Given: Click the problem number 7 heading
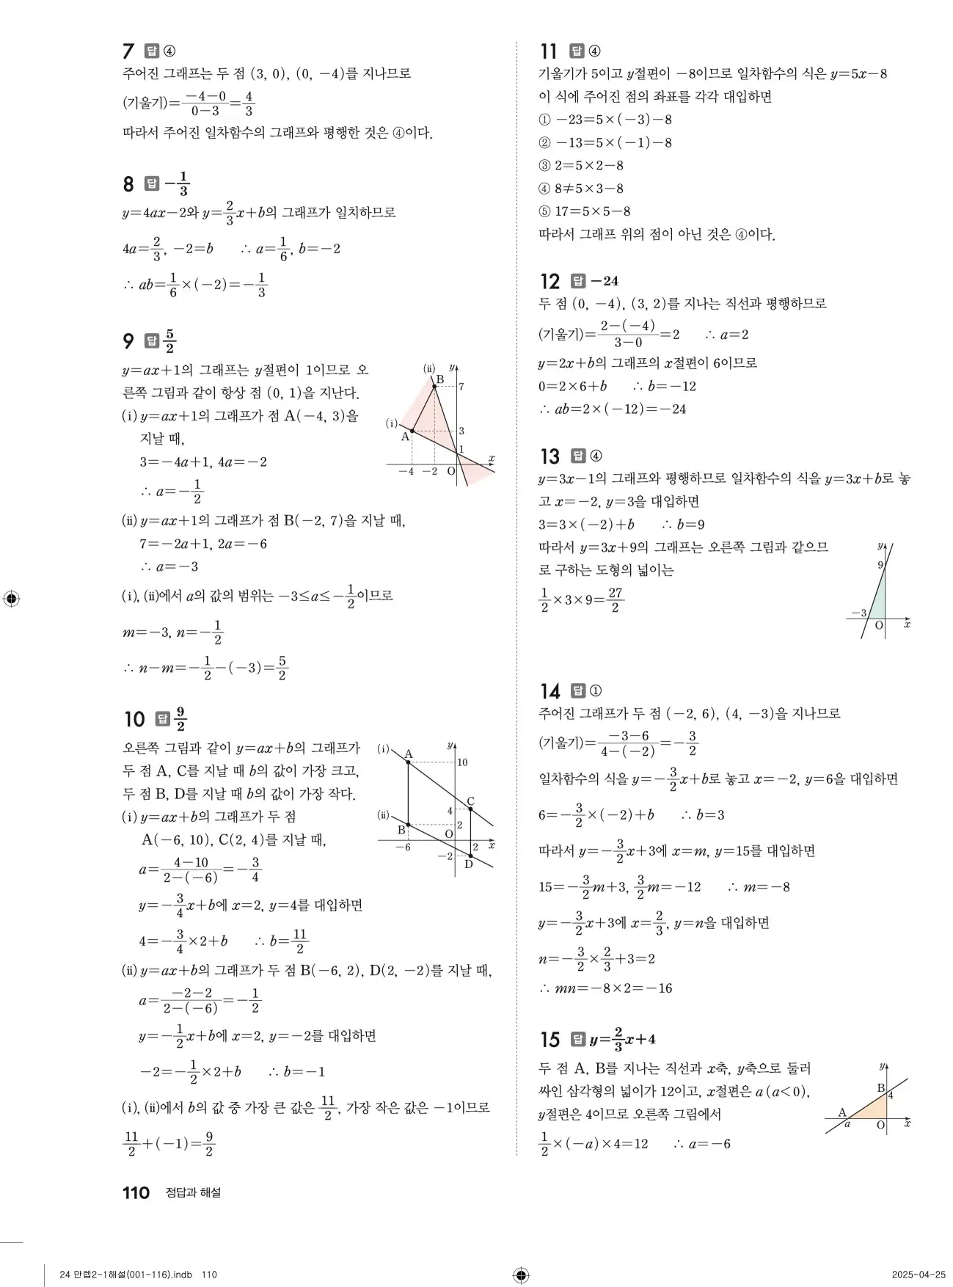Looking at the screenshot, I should pyautogui.click(x=128, y=51).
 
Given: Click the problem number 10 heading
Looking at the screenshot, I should pyautogui.click(x=134, y=719).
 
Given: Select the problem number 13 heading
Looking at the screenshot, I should pyautogui.click(x=549, y=456).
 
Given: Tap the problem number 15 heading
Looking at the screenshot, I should pyautogui.click(x=549, y=1040).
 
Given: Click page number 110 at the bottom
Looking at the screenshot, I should pyautogui.click(x=136, y=1192).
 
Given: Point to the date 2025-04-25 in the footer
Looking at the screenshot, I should pyautogui.click(x=919, y=1275).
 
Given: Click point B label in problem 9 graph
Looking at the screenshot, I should pyautogui.click(x=440, y=379).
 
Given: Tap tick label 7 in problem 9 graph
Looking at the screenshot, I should pyautogui.click(x=461, y=386).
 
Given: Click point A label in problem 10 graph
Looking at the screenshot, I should pyautogui.click(x=409, y=754).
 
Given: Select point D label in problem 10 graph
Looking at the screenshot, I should pyautogui.click(x=468, y=864).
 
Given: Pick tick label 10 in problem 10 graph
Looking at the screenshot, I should pyautogui.click(x=462, y=762).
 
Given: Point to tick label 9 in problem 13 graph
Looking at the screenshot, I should pyautogui.click(x=880, y=565).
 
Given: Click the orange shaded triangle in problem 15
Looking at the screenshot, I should pyautogui.click(x=873, y=1109).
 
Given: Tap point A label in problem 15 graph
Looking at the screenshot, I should pyautogui.click(x=842, y=1112).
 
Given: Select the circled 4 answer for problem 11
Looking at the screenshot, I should pyautogui.click(x=595, y=51).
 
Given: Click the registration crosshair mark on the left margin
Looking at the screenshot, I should pyautogui.click(x=11, y=598).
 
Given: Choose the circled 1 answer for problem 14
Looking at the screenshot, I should pyautogui.click(x=596, y=690).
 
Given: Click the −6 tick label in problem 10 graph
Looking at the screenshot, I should pyautogui.click(x=403, y=847).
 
